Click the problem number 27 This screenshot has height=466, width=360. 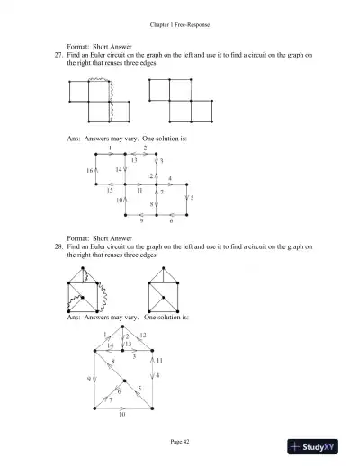coord(58,56)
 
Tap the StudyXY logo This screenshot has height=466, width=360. coord(320,446)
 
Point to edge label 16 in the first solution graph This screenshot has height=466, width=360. coord(91,169)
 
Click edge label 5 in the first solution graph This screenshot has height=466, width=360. coord(193,197)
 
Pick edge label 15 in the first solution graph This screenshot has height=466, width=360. coord(110,191)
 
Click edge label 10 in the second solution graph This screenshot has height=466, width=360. coord(122,416)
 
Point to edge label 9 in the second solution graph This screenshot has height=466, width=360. coord(89,379)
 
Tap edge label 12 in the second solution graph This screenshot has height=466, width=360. coord(143,336)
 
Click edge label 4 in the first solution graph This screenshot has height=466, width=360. coord(170,178)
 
